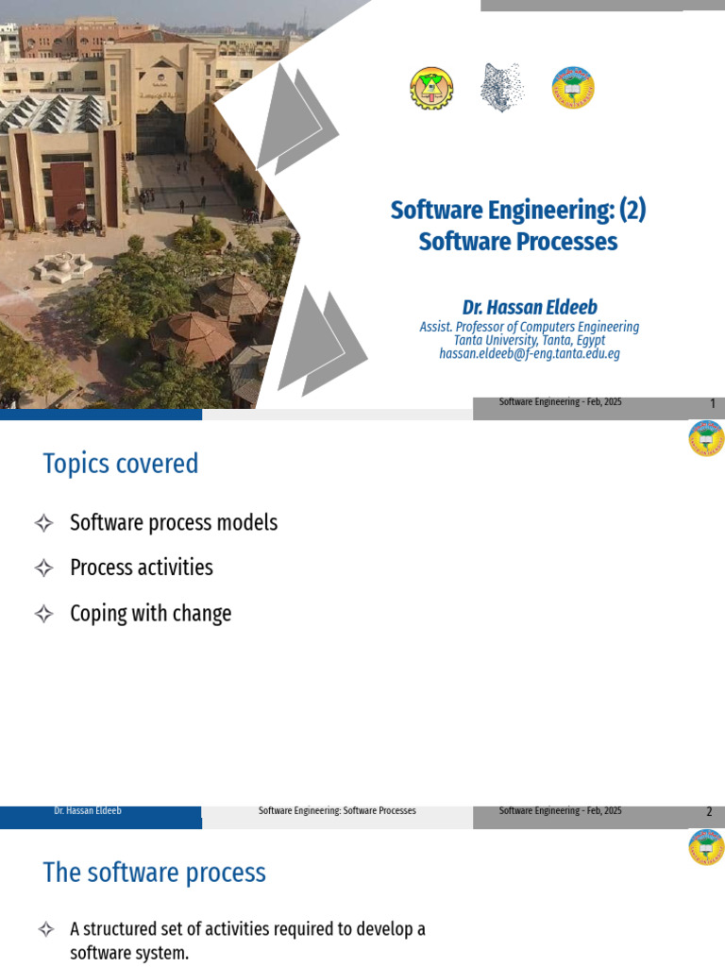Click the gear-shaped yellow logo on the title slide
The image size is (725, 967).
coord(431,89)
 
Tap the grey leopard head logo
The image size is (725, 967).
coord(500,88)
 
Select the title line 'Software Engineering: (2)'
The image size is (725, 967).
coord(518,210)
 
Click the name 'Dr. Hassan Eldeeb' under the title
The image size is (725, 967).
coord(530,308)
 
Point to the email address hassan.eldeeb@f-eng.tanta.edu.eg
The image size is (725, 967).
coord(530,353)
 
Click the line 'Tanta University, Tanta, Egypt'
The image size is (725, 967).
coord(530,340)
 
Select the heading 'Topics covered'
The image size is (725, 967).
coord(121,464)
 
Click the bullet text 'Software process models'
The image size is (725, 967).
coord(174,522)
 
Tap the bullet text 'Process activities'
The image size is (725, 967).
coord(142,568)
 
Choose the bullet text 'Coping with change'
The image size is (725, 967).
coord(151,614)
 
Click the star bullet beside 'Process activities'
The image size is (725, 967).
coord(43,568)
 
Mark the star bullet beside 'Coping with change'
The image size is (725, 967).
coord(43,614)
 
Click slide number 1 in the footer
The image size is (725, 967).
coord(713,404)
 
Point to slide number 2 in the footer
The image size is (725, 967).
coord(709,812)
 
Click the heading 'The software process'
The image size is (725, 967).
coord(154,873)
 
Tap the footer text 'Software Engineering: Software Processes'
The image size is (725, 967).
coord(337,811)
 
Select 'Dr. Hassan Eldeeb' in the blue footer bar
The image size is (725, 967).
coord(88,811)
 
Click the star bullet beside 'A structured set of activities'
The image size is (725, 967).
coord(43,930)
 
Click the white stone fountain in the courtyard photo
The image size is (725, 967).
coord(62,265)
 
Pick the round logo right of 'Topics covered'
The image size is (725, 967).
coord(706,437)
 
